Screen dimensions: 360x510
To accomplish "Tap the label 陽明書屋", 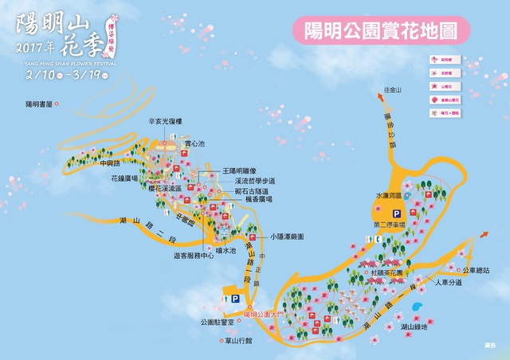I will [38, 104].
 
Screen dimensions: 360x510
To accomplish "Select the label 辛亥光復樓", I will [165, 121].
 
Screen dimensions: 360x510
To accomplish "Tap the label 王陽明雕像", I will [240, 170].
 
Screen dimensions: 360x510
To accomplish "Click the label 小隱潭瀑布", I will [288, 236].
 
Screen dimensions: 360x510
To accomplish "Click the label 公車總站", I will [475, 270].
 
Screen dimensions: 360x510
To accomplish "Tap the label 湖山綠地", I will [414, 327].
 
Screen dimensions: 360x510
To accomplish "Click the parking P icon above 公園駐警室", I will [235, 299].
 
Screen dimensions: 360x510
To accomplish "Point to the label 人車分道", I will [449, 282].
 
